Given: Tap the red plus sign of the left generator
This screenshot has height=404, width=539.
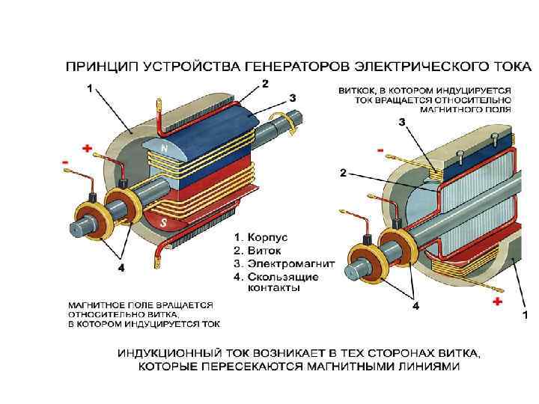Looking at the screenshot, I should tap(87, 149).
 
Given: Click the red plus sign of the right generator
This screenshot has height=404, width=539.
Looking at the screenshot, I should tap(496, 302).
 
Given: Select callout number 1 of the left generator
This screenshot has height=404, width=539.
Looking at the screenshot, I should tap(91, 88).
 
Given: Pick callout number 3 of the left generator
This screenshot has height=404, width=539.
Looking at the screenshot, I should tap(293, 97).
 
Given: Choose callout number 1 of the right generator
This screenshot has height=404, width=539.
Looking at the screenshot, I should tap(525, 315).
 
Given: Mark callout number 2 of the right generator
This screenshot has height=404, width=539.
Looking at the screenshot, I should tap(343, 172).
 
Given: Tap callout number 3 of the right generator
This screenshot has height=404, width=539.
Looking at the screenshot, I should tap(402, 121).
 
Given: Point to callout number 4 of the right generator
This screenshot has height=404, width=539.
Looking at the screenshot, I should tap(416, 306).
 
